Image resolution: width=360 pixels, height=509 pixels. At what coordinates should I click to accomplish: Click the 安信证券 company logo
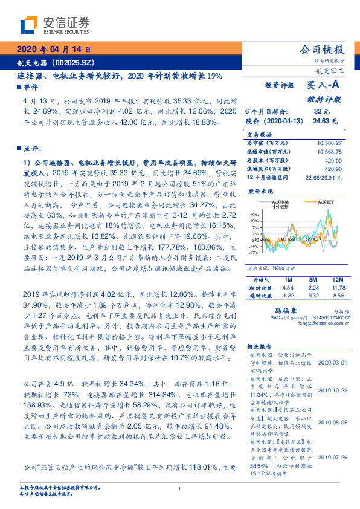54,25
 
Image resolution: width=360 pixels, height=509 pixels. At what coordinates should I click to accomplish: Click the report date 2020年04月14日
53,50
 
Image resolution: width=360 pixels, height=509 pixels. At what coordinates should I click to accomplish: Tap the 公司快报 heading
322,50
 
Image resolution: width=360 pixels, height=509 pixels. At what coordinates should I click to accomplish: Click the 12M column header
337,280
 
